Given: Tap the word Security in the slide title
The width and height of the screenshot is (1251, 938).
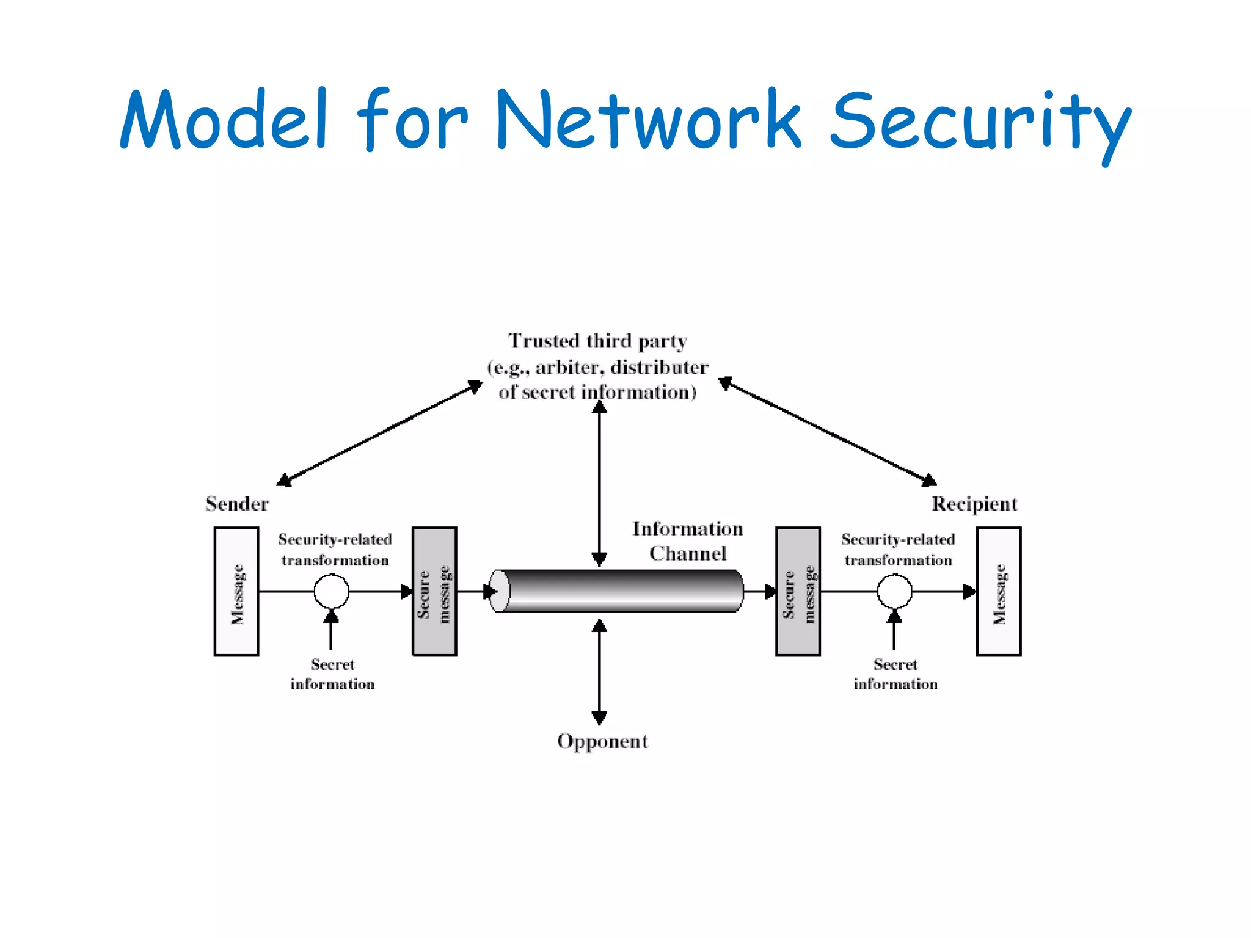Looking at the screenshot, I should point(980,122).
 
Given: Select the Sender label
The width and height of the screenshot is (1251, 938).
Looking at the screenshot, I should point(237,504).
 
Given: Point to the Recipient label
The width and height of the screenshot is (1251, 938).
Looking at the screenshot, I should point(974,504).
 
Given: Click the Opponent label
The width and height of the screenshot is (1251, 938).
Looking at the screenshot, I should point(602,741).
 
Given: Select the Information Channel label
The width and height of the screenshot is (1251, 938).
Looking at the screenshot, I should point(688,540).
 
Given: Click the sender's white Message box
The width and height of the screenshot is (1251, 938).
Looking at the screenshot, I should point(236,591).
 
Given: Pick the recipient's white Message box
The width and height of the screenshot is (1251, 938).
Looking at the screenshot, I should point(999,591).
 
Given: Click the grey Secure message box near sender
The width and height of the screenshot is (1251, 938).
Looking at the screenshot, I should point(434,591).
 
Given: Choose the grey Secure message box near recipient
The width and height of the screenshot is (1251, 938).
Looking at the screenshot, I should point(798,591).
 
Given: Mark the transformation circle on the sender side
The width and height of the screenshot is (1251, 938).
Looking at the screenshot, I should point(331,591).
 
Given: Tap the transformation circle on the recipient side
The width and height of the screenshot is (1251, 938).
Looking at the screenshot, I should point(894,591).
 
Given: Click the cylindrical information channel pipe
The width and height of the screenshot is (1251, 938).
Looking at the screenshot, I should point(617,591).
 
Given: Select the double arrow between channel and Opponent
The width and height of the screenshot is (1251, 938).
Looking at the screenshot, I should point(599,672).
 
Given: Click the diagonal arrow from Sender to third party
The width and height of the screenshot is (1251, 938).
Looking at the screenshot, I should point(379,434).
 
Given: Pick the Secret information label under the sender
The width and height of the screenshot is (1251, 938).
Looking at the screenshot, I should point(332,674).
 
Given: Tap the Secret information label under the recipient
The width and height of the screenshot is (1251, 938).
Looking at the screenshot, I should point(895,674).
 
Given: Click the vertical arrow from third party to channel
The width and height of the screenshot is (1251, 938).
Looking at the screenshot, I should point(599,482).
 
